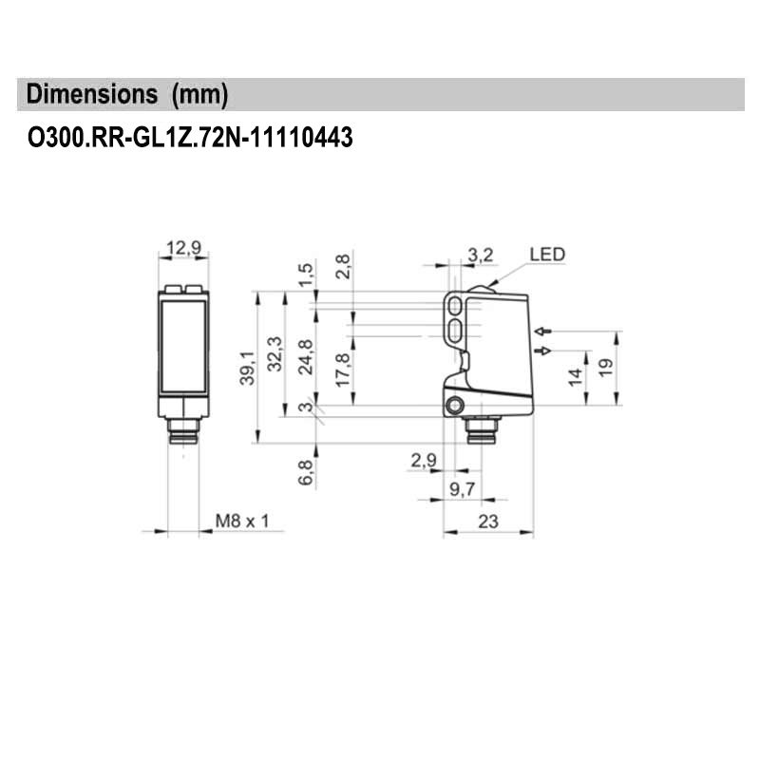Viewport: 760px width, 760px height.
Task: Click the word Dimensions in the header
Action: pos(91,93)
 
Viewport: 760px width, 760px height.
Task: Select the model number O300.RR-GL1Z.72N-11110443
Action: pos(190,138)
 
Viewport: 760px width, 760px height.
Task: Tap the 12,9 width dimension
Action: pos(183,248)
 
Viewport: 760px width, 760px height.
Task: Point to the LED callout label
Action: pos(547,255)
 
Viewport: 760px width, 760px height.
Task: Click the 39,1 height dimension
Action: pos(247,368)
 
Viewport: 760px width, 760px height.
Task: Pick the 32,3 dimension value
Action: pos(275,353)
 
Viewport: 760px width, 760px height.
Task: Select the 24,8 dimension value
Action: pos(305,357)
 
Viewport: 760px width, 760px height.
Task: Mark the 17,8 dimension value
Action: pos(342,370)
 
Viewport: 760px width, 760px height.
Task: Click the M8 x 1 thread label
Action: pos(242,521)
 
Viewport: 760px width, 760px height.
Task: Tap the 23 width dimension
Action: pos(488,522)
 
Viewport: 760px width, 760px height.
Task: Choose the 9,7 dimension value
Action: pos(463,489)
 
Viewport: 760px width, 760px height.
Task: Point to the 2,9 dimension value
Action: pos(424,460)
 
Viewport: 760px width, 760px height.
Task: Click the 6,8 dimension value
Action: pos(305,472)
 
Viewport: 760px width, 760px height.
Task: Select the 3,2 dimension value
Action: pos(481,255)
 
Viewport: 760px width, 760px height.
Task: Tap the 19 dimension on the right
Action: pos(606,368)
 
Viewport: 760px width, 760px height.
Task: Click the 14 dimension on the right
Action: pos(576,377)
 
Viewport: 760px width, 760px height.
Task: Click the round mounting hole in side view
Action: pos(455,406)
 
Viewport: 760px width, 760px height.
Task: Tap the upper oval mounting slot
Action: pos(455,306)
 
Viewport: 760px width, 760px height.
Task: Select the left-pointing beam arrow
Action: pos(543,332)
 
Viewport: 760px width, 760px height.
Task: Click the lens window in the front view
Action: pos(183,346)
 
